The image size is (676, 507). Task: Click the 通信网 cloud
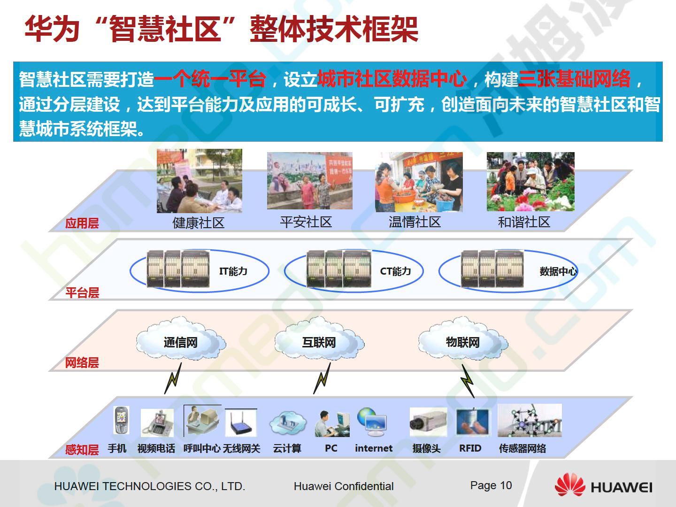(181, 338)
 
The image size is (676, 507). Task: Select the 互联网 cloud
(319, 338)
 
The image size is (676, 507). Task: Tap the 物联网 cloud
(463, 338)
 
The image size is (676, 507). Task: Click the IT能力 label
(233, 271)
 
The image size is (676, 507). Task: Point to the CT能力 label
(395, 271)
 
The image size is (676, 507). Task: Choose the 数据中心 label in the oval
(558, 271)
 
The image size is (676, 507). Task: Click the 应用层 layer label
(82, 223)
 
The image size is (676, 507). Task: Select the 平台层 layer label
(82, 292)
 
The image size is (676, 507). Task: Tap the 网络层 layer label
(82, 362)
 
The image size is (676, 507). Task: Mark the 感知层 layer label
(82, 450)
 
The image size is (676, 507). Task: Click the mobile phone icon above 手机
(121, 420)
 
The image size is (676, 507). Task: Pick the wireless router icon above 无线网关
(240, 422)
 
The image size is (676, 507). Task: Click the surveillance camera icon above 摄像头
(428, 422)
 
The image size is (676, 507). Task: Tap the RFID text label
(470, 448)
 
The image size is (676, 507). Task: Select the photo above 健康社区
(199, 181)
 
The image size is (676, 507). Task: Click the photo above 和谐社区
(530, 182)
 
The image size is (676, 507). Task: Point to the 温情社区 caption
(415, 222)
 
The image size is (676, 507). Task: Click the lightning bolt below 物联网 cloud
(468, 381)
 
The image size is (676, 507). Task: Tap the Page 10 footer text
(491, 485)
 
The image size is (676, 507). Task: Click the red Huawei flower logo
(570, 485)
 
